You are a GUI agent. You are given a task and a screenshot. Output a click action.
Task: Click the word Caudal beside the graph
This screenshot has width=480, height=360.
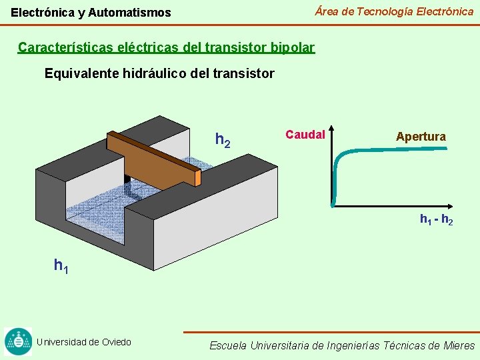[305, 135]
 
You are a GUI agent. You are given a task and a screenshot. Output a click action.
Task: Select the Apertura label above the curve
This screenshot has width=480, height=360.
[421, 137]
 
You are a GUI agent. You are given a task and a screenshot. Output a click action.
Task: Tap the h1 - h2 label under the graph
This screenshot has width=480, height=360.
[436, 219]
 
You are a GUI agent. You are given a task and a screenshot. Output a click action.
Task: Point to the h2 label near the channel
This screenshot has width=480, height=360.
[223, 140]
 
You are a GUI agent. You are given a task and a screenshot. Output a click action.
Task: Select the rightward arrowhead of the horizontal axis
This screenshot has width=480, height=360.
[451, 205]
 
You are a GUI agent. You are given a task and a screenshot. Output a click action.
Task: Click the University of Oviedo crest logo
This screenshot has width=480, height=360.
[18, 341]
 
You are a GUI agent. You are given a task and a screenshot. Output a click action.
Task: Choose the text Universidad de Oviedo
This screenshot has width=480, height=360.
[84, 342]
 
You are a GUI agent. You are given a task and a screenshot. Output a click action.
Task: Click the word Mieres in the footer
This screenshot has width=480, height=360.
[459, 345]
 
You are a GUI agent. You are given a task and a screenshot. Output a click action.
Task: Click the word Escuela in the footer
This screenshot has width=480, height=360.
[228, 345]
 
